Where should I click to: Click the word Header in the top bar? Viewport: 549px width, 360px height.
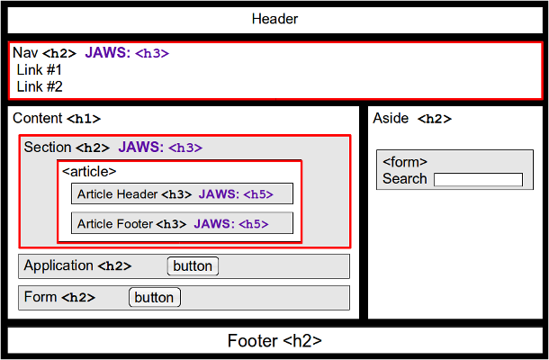click(x=274, y=19)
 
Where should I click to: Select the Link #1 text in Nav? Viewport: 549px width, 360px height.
click(x=39, y=69)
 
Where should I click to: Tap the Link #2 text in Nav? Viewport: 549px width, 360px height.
click(x=39, y=86)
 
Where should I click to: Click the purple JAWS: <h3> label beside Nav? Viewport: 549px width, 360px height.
click(x=127, y=53)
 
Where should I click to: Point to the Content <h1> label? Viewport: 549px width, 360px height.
click(x=57, y=119)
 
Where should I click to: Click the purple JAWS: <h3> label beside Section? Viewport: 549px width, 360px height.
click(x=160, y=148)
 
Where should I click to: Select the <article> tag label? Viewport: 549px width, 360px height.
click(x=89, y=171)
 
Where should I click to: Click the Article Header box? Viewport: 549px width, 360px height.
click(x=182, y=193)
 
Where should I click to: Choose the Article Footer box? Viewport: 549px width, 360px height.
click(x=182, y=223)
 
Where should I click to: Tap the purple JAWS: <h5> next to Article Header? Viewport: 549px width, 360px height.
click(x=235, y=193)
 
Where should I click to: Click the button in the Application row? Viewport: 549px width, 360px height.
click(x=193, y=265)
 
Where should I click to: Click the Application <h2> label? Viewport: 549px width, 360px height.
click(x=77, y=265)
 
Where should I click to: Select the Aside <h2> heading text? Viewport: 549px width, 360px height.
click(x=412, y=119)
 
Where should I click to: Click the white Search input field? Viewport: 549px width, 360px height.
click(x=478, y=179)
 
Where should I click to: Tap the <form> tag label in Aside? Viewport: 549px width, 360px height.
click(x=405, y=162)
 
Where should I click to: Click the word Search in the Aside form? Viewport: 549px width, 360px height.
click(x=405, y=178)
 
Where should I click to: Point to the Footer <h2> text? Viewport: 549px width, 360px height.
click(x=274, y=341)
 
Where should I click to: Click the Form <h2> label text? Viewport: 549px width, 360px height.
click(x=59, y=297)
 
